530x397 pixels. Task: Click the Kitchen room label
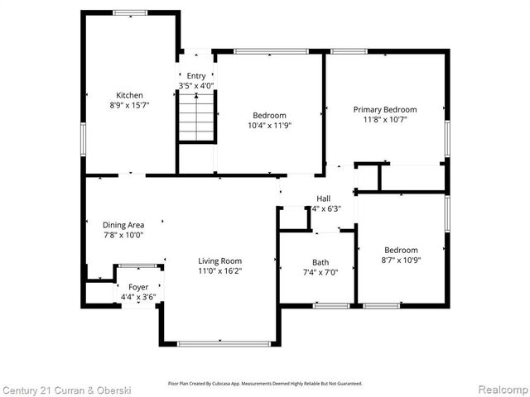click(x=129, y=95)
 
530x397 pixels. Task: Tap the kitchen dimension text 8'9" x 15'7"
click(x=129, y=106)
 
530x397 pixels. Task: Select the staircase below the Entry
click(x=196, y=117)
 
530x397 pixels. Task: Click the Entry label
click(x=196, y=75)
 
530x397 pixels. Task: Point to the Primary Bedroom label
click(x=385, y=109)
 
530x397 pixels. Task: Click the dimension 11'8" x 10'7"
click(x=385, y=120)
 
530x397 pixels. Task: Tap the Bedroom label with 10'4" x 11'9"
click(x=270, y=115)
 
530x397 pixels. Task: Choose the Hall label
click(x=323, y=198)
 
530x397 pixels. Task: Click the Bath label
click(x=320, y=262)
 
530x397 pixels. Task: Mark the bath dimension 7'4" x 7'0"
click(x=320, y=273)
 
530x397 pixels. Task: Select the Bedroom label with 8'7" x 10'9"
click(x=401, y=250)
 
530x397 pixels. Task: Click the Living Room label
click(x=219, y=261)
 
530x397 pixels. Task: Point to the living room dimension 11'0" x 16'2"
click(x=219, y=271)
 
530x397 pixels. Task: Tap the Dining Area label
click(x=123, y=224)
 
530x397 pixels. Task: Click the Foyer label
click(x=137, y=287)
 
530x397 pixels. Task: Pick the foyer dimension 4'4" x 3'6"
click(x=137, y=297)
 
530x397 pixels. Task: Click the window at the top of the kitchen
click(x=130, y=12)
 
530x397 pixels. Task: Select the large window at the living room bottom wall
click(x=219, y=343)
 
